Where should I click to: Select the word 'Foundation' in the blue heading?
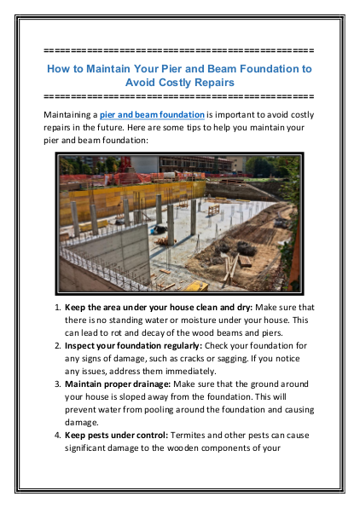tap(263, 67)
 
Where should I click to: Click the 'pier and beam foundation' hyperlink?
tap(152, 113)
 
